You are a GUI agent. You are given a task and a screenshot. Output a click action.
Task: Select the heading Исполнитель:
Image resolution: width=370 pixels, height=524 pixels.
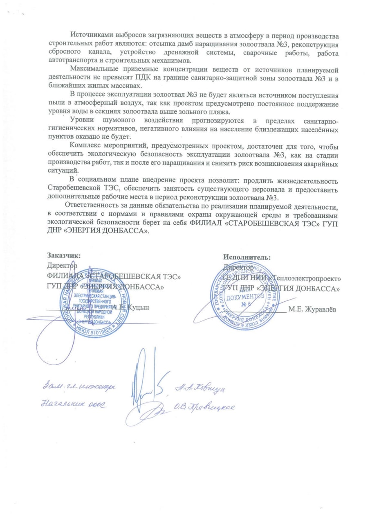click(x=247, y=257)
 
